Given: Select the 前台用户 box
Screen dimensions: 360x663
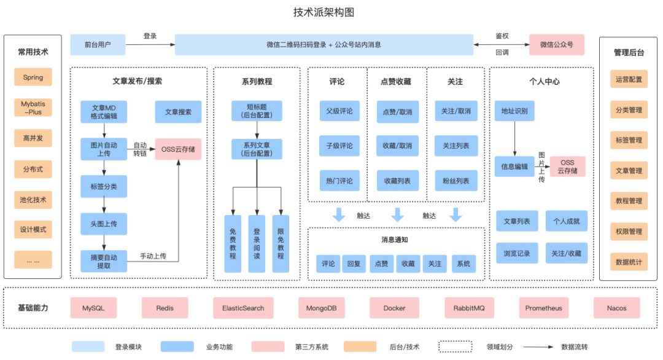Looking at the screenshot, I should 97,45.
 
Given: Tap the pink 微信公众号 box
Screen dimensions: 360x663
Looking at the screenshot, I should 556,45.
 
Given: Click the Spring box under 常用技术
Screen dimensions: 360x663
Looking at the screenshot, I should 33,77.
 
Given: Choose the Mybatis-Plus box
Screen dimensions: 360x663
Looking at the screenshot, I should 33,108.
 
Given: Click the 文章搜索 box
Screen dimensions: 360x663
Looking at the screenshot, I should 178,112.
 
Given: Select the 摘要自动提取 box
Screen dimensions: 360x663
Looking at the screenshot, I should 103,261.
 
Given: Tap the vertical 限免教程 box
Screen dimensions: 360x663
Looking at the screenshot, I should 281,243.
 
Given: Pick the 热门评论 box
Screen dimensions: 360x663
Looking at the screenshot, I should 339,181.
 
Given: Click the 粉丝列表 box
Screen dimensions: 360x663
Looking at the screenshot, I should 456,181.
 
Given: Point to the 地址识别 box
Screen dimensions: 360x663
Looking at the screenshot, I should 514,111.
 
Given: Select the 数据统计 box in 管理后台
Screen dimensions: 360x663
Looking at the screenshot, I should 629,262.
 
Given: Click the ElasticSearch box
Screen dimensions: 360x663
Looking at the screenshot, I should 239,308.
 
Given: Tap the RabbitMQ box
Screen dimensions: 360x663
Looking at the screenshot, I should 469,308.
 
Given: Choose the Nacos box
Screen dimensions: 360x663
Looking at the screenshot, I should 616,308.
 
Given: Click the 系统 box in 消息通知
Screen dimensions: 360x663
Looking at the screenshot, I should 463,264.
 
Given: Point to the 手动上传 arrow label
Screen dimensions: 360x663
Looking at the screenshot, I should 153,256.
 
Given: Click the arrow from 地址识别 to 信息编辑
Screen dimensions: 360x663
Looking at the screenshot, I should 514,139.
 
